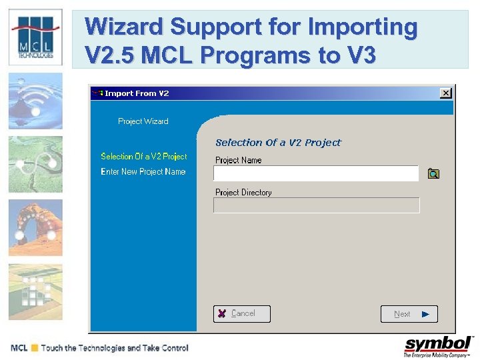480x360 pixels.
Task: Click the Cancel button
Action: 242,313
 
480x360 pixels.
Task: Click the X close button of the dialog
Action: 445,93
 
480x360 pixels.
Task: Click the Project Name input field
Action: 315,174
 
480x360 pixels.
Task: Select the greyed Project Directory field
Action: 316,205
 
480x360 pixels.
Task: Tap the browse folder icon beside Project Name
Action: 433,174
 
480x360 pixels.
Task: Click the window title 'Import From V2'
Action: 137,93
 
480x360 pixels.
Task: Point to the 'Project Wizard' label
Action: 143,121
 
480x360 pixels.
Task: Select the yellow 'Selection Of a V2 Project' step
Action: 144,157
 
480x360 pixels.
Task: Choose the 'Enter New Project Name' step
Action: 143,172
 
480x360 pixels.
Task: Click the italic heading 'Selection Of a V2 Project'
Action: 278,143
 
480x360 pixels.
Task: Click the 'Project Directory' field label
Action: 243,193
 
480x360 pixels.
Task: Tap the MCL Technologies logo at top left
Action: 35,37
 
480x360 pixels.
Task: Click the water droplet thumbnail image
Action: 35,101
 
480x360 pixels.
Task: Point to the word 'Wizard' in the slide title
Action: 123,28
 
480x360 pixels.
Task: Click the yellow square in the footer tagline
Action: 34,348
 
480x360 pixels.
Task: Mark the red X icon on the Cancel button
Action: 221,313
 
